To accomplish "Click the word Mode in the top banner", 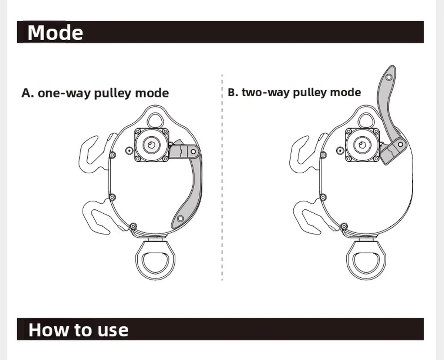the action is pyautogui.click(x=55, y=33).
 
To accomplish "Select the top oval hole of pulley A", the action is pyautogui.click(x=155, y=114).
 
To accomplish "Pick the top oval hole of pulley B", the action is pyautogui.click(x=366, y=114).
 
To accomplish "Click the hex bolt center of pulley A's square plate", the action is pyautogui.click(x=151, y=145).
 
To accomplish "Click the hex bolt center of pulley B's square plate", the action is pyautogui.click(x=361, y=145).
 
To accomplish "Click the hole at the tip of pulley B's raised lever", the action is pyautogui.click(x=389, y=77).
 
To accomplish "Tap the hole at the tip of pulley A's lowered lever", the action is pyautogui.click(x=180, y=219).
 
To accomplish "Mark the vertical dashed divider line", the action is pyautogui.click(x=222, y=177).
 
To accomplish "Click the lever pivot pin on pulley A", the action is pyautogui.click(x=194, y=151).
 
